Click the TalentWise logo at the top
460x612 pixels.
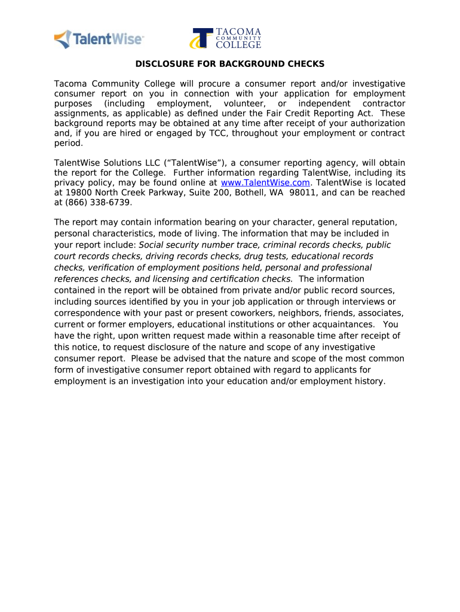coord(99,39)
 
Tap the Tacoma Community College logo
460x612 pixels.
coord(226,38)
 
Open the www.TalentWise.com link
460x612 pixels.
coord(265,183)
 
